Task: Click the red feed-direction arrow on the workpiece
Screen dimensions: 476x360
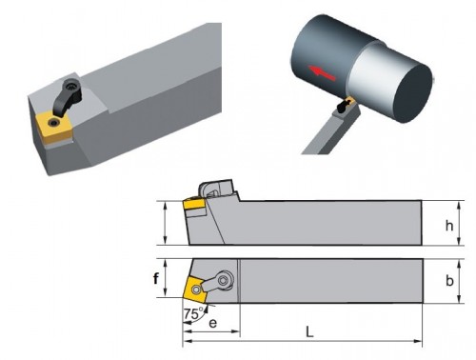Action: click(322, 73)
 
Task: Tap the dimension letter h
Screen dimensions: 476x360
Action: click(449, 226)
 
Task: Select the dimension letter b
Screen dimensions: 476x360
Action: click(449, 281)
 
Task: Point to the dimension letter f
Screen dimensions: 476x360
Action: click(156, 279)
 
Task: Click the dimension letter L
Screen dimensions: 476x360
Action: click(309, 332)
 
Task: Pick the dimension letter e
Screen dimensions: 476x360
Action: click(213, 323)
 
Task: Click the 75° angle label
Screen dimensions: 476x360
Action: click(193, 313)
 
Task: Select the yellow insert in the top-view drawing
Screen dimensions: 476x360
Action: click(195, 289)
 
